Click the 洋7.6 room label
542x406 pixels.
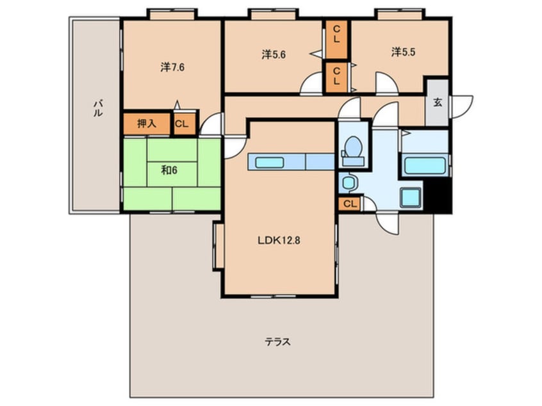click(172, 67)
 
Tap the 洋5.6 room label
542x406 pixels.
click(274, 54)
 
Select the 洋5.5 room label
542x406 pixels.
click(403, 52)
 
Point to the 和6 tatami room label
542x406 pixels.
click(169, 170)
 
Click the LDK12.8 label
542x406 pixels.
click(279, 241)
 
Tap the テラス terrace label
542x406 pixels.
click(277, 342)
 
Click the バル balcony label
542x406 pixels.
click(98, 108)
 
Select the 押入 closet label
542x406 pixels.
click(147, 124)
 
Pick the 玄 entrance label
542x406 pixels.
click(438, 102)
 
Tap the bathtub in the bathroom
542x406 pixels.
click(425, 166)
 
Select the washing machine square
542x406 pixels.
click(411, 198)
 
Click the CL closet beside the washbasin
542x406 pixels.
click(349, 204)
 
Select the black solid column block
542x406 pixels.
click(438, 196)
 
